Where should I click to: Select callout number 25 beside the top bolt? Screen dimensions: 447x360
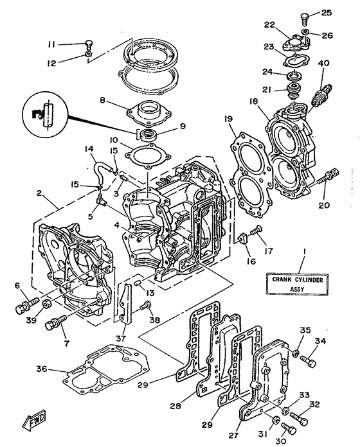pyautogui.click(x=326, y=12)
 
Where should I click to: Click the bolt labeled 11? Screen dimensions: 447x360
pyautogui.click(x=89, y=44)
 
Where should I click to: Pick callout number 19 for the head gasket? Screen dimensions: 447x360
pyautogui.click(x=228, y=119)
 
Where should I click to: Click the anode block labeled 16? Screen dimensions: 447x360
pyautogui.click(x=243, y=239)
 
